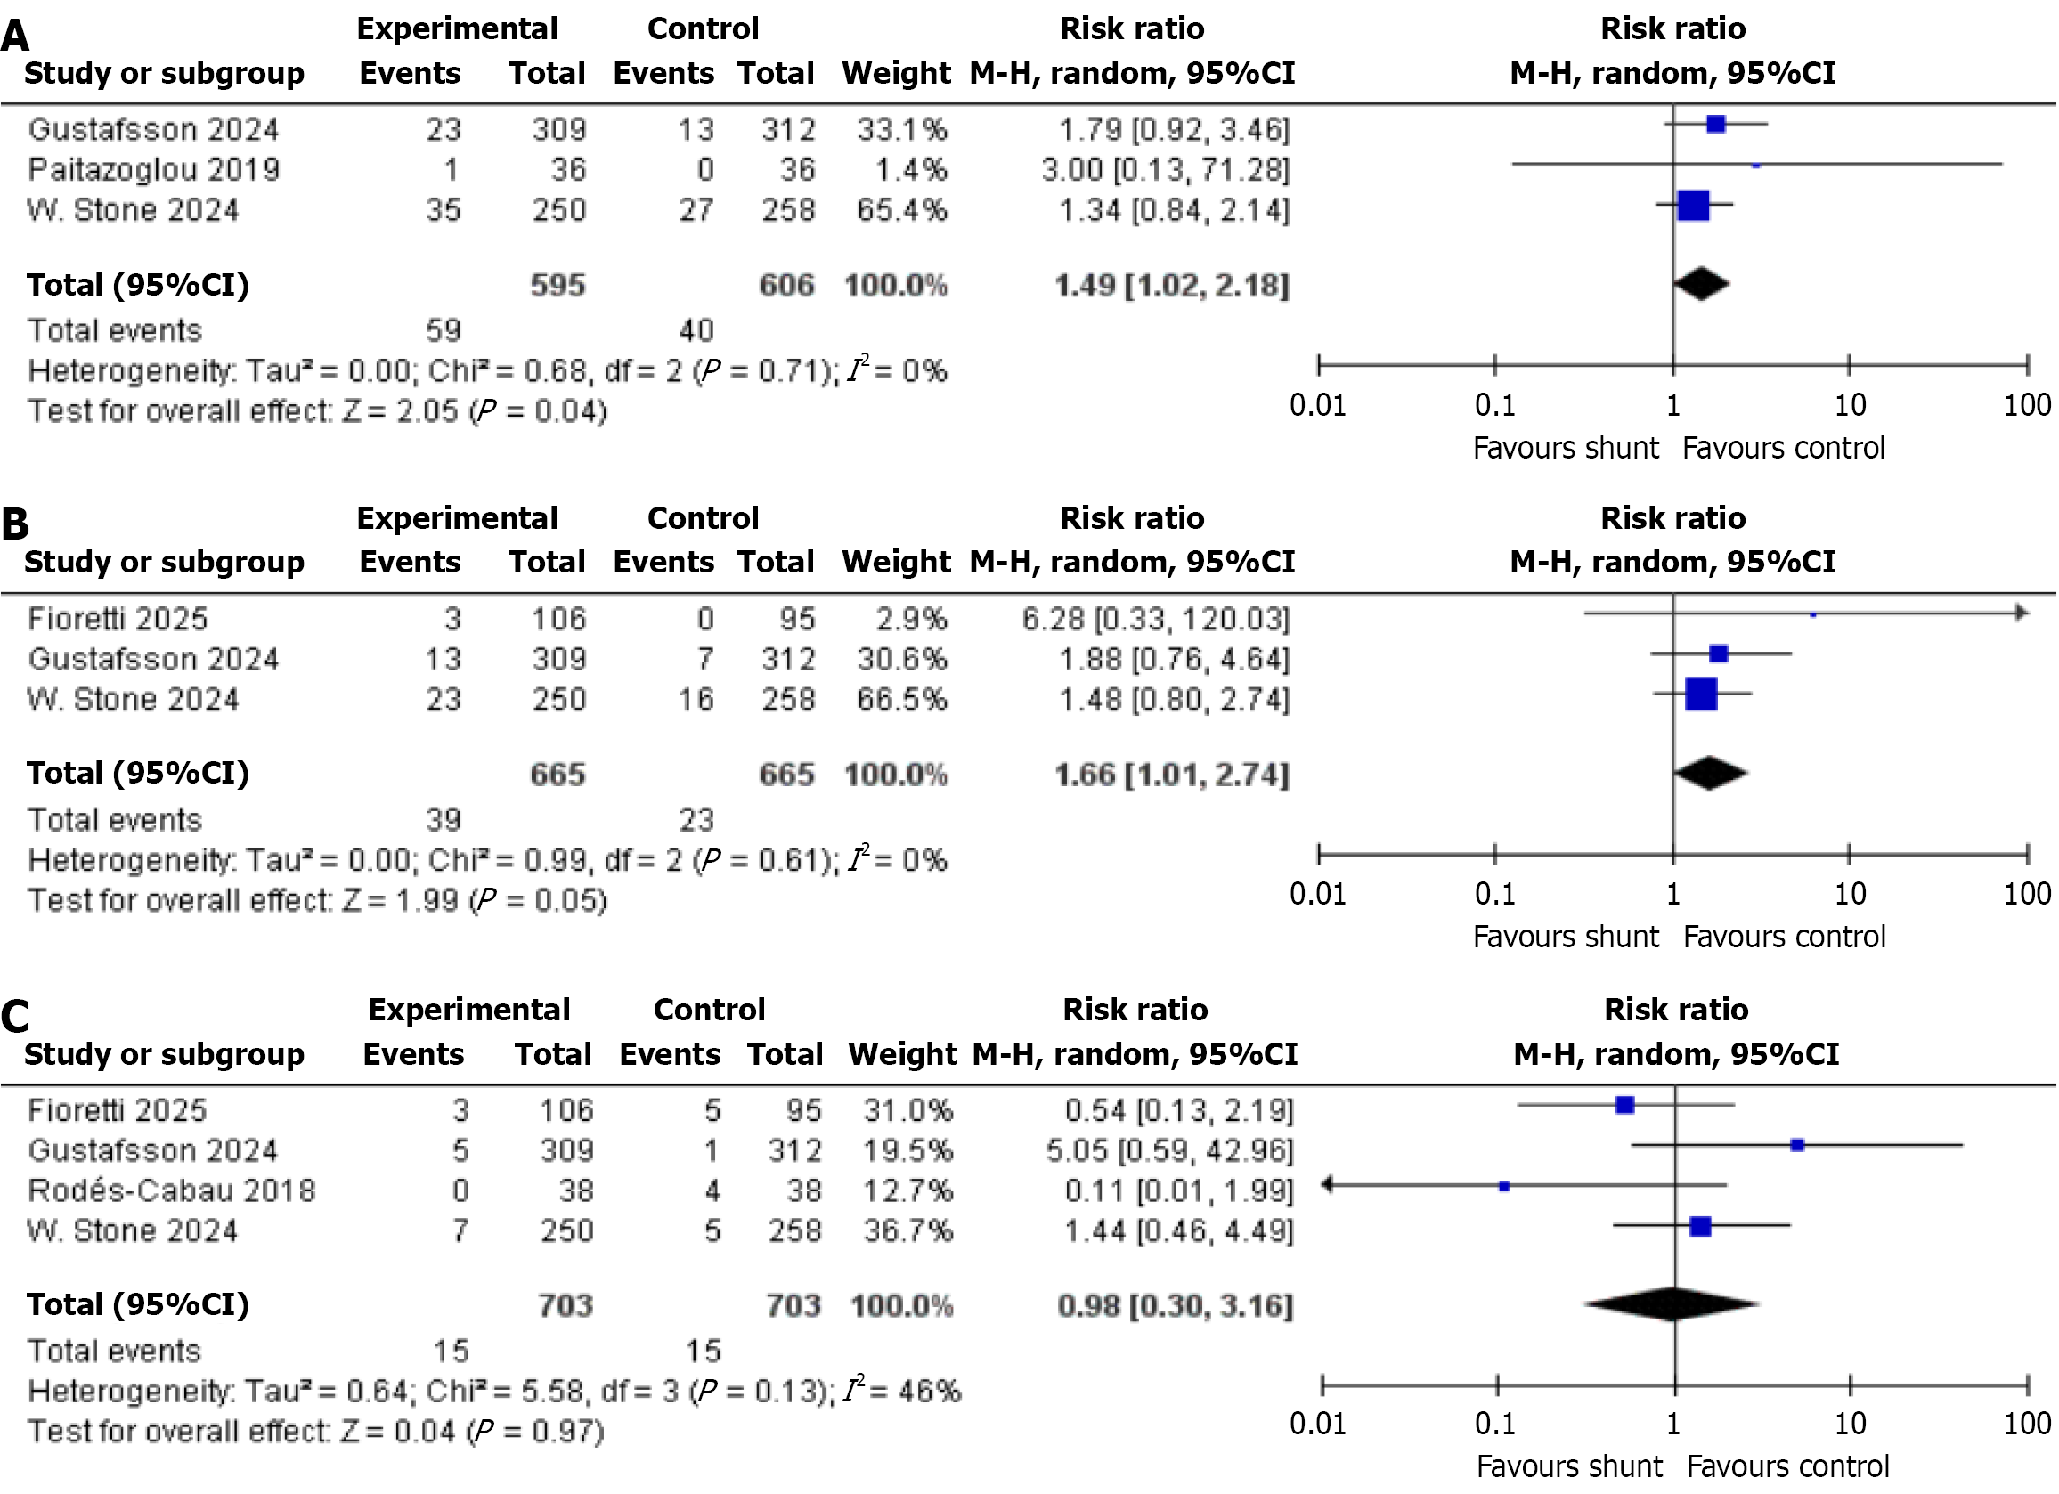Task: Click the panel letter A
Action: point(15,37)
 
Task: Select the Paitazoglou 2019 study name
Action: point(153,170)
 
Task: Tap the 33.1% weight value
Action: point(901,130)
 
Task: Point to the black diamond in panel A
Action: point(1700,284)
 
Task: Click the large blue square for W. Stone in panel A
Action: point(1693,206)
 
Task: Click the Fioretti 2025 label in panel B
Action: point(118,619)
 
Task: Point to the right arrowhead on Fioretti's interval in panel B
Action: point(2021,613)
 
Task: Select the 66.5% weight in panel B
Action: point(901,700)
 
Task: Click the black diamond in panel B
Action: point(1711,774)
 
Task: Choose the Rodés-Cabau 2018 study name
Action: point(172,1191)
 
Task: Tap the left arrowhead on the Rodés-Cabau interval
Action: point(1328,1184)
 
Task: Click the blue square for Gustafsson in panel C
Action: point(1796,1146)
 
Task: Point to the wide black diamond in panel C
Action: point(1672,1304)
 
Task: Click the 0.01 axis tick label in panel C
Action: point(1318,1423)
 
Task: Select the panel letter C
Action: point(15,1017)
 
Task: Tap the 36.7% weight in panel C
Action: point(907,1230)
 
